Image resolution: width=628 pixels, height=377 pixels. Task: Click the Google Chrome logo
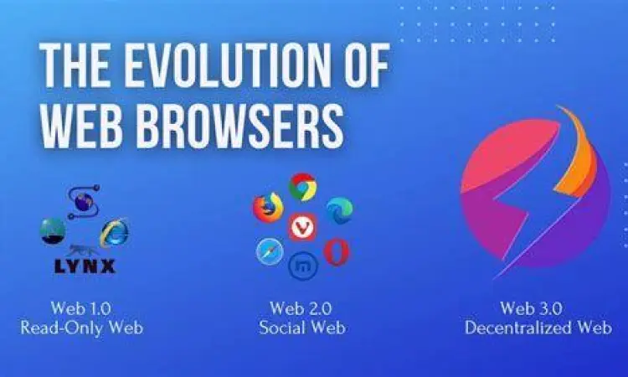click(302, 186)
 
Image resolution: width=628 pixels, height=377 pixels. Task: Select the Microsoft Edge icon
click(339, 210)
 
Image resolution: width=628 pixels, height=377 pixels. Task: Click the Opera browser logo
click(337, 250)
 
